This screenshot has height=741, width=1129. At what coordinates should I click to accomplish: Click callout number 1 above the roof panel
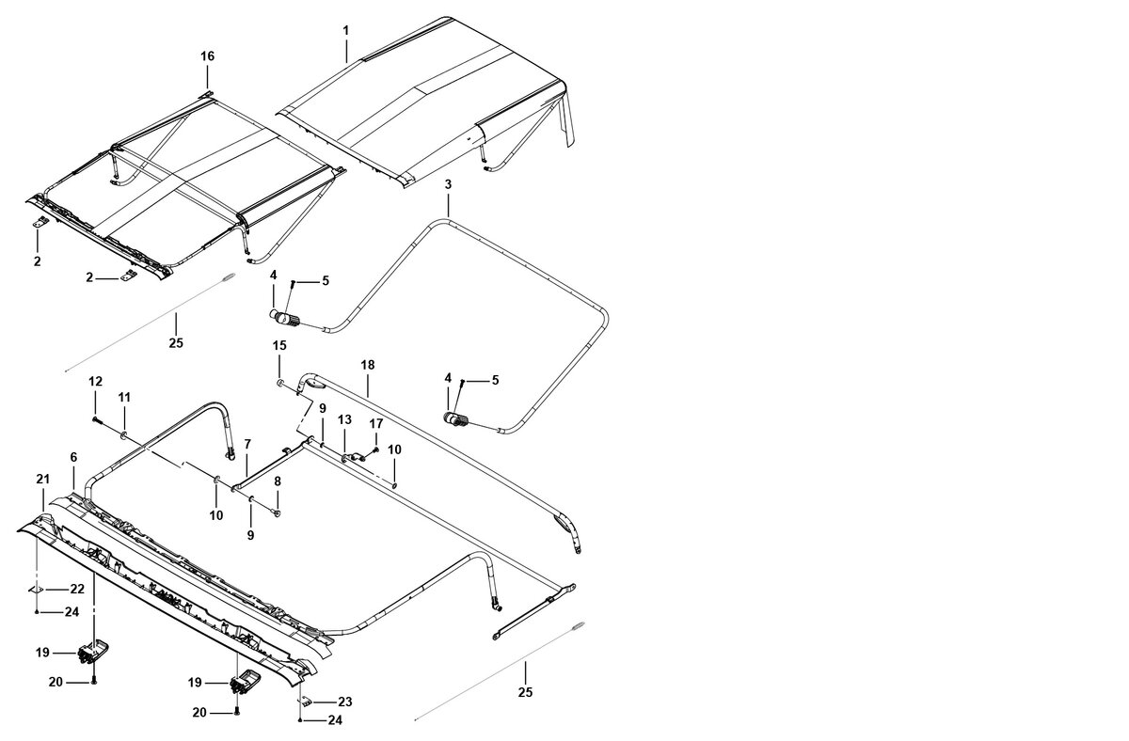pos(345,31)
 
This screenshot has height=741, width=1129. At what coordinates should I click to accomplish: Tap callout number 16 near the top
pos(207,56)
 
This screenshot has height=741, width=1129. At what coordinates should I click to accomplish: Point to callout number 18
pos(368,363)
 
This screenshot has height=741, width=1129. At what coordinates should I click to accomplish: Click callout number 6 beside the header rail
pos(73,457)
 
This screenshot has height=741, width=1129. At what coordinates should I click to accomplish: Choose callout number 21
pos(42,480)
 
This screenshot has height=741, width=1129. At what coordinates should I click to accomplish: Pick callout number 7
pos(247,443)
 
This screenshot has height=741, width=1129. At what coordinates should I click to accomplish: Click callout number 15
pos(279,346)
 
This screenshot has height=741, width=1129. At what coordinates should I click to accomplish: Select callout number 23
pos(344,702)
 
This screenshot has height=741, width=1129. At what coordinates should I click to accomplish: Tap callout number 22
pos(77,589)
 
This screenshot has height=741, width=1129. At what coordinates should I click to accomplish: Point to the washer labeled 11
pos(124,434)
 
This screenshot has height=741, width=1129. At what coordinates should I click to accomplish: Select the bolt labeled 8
pos(276,512)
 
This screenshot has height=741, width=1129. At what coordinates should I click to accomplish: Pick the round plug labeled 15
pos(280,383)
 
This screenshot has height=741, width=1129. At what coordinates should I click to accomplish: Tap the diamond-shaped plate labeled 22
pos(36,589)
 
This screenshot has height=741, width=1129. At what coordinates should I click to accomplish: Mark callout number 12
pos(95,381)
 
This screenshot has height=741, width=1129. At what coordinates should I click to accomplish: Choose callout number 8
pos(278,481)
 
